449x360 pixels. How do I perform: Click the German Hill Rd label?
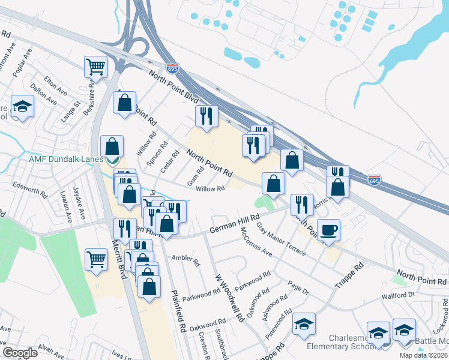coord(235,226)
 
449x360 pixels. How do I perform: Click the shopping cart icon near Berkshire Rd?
coord(95,67)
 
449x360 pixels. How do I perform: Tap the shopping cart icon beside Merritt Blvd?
coord(96,259)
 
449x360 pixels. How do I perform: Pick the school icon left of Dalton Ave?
coord(22,107)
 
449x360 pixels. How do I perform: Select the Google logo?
coord(20,353)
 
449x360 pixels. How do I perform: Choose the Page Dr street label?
coord(298,289)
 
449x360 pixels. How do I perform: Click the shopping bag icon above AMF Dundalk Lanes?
coord(112,146)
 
